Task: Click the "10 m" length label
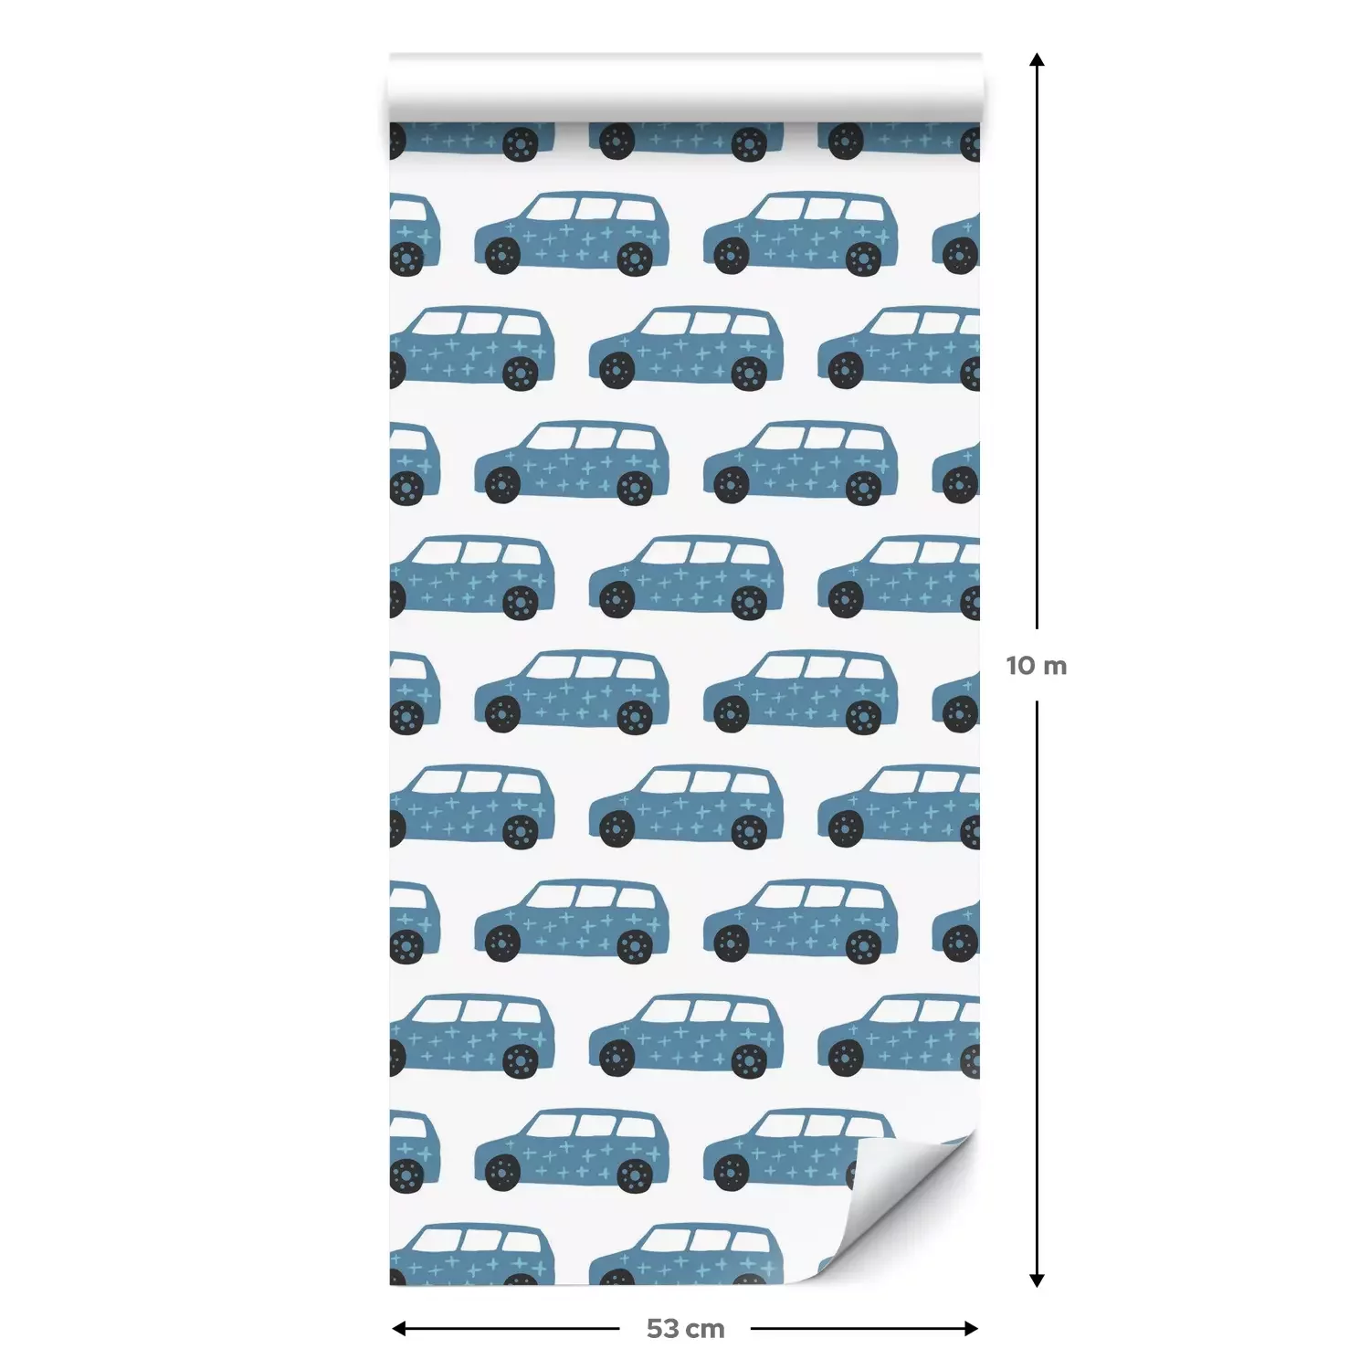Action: (x=1036, y=666)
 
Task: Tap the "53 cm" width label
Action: (x=685, y=1329)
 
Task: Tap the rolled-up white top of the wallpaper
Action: (x=685, y=87)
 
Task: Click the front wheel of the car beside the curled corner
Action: (x=732, y=1172)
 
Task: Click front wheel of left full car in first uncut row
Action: (x=503, y=257)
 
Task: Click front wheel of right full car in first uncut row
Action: (x=732, y=257)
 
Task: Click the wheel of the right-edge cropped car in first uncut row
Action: (x=961, y=257)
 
